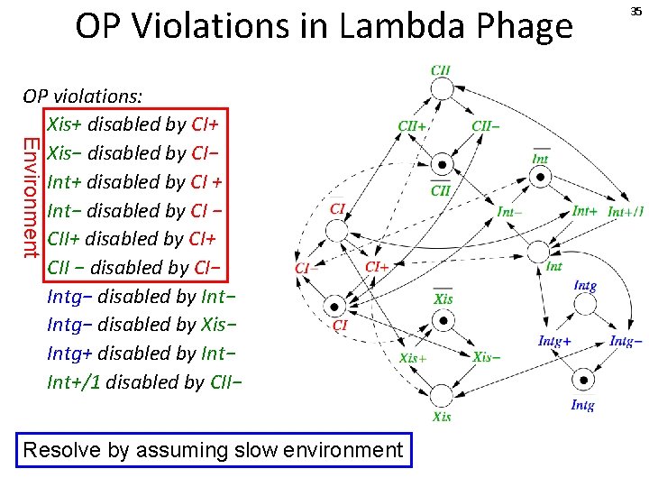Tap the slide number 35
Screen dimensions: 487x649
tap(636, 11)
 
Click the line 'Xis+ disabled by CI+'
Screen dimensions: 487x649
tap(133, 124)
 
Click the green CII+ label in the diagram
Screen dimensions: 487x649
tap(412, 126)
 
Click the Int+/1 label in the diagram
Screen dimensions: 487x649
tap(625, 212)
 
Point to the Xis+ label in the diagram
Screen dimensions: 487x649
tap(413, 358)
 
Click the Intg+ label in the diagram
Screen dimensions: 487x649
tap(554, 341)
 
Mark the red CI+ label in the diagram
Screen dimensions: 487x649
tap(377, 267)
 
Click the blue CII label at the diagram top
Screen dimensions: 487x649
tap(441, 69)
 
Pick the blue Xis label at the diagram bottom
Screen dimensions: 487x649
tap(442, 417)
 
